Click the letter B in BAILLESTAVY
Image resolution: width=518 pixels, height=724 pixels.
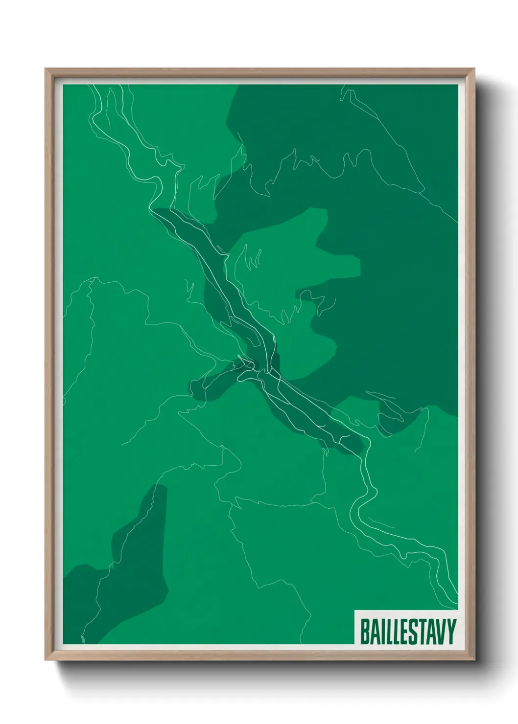click(x=364, y=632)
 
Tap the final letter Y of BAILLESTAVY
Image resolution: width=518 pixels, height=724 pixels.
click(x=451, y=632)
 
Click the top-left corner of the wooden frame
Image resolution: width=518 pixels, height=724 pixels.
click(x=46, y=69)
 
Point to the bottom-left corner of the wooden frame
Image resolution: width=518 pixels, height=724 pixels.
click(x=46, y=659)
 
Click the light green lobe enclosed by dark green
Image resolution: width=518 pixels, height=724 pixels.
click(x=289, y=254)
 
